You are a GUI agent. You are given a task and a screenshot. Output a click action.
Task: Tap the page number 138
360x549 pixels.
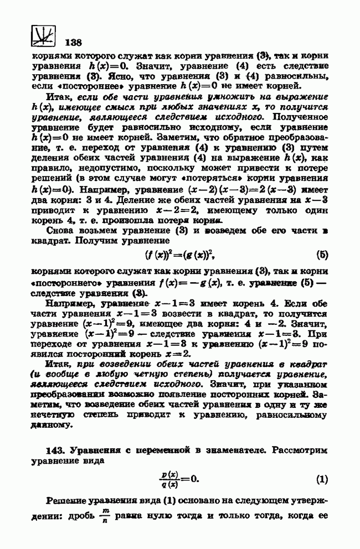74,43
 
